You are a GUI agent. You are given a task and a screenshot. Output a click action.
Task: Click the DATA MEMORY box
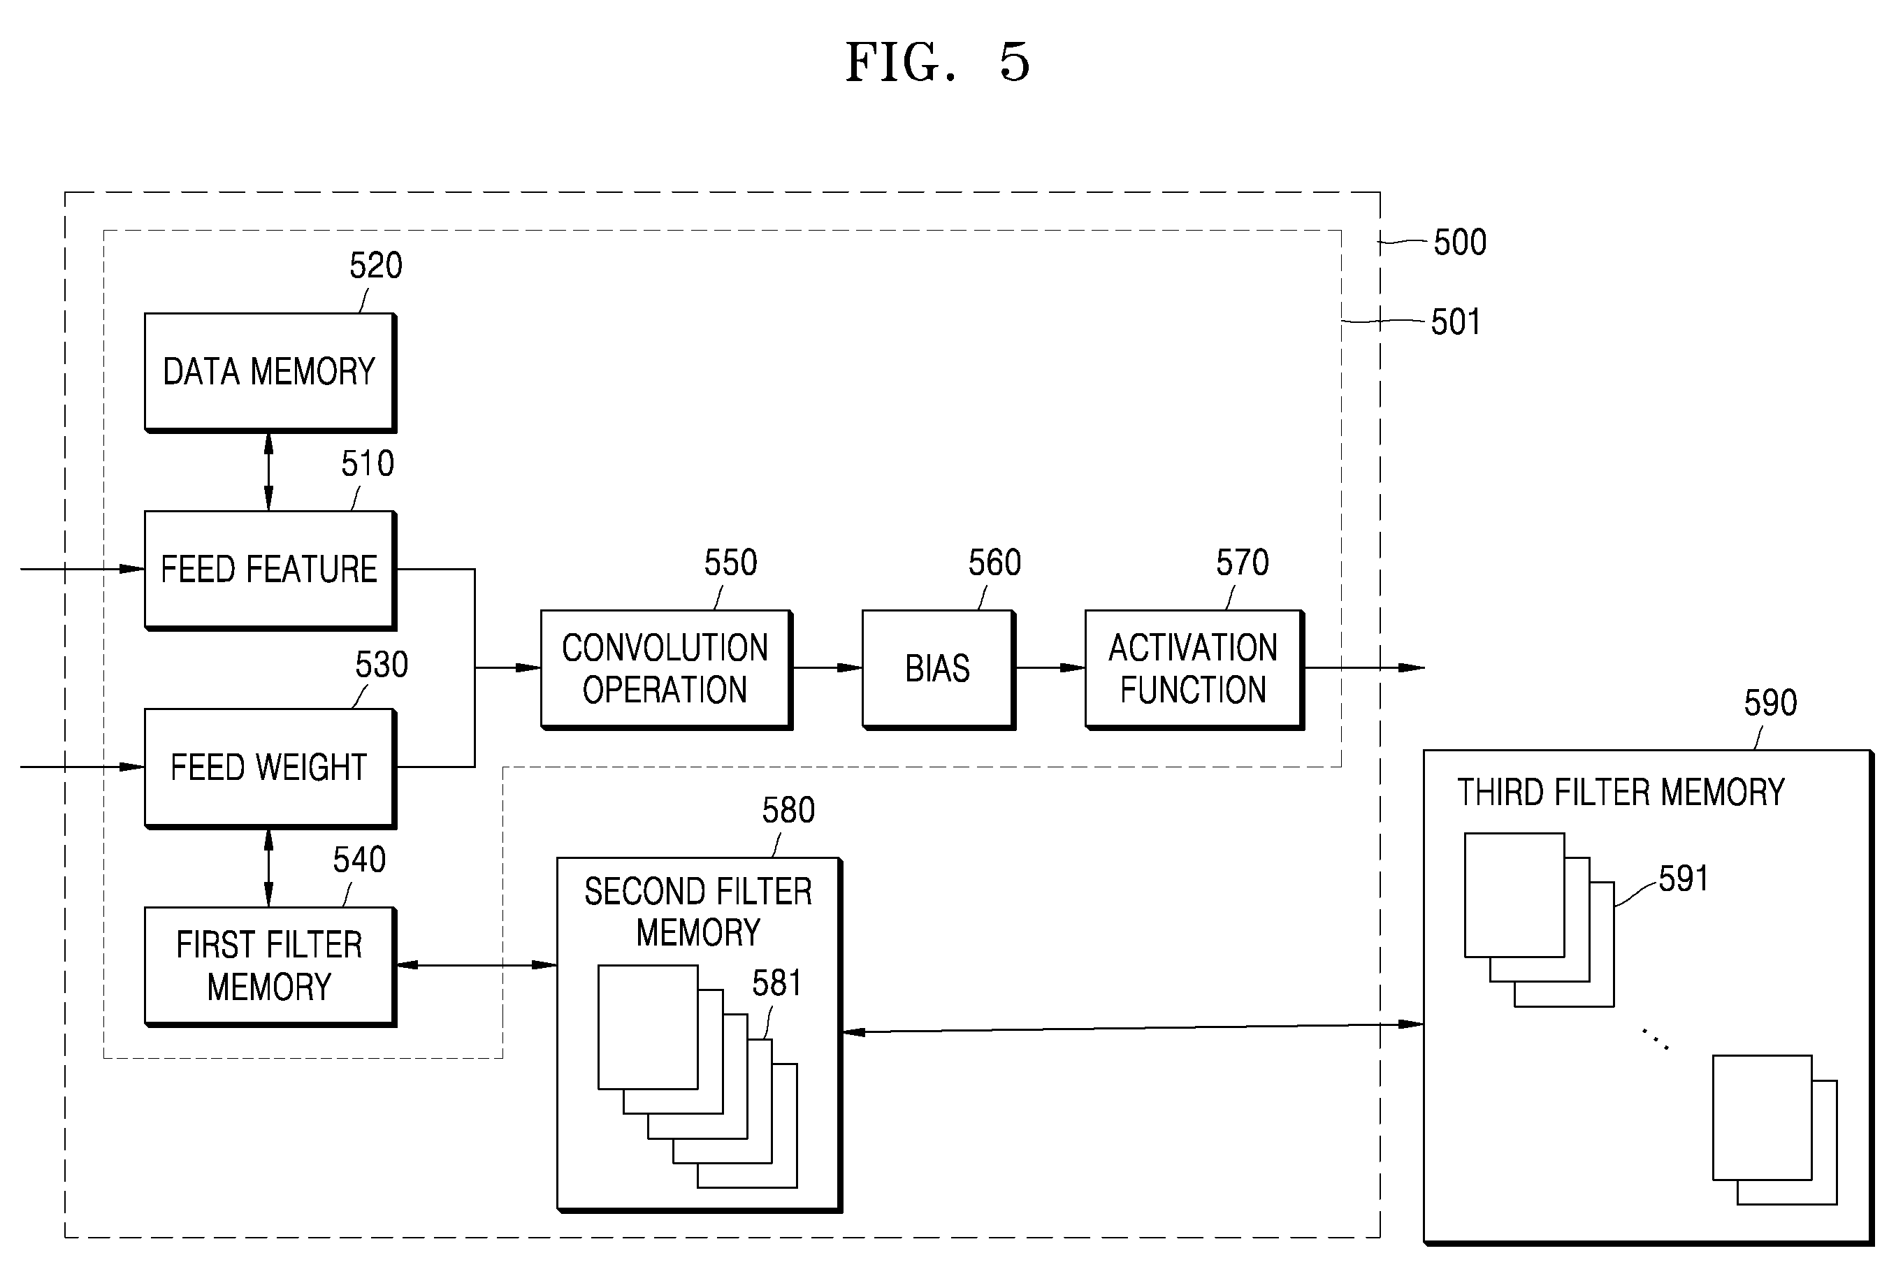coord(270,372)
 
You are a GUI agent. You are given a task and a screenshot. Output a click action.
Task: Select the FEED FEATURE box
coord(270,570)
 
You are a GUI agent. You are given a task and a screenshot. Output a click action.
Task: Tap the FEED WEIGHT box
coord(270,768)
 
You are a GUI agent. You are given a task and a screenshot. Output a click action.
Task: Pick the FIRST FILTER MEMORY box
coord(270,967)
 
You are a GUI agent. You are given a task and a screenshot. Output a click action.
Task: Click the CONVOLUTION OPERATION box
coord(666,669)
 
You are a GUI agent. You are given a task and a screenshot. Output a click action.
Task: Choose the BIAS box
coord(938,669)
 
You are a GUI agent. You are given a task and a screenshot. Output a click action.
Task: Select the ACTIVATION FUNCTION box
coord(1194,669)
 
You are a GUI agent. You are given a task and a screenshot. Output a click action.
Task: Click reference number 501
coord(1456,322)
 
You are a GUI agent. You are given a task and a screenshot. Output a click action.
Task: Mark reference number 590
coord(1770,703)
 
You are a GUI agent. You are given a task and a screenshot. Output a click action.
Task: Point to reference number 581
coord(776,983)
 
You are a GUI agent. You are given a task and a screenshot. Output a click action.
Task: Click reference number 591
coord(1683,878)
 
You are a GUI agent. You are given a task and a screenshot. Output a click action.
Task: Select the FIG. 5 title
coord(938,62)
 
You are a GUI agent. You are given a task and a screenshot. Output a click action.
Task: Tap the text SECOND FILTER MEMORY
coord(698,912)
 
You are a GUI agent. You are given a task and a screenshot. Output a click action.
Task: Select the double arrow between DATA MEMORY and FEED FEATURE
coord(269,472)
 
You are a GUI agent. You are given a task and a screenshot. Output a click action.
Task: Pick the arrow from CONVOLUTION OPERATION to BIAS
coord(827,668)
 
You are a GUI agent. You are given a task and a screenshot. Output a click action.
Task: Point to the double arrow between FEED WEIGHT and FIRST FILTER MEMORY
coord(269,868)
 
